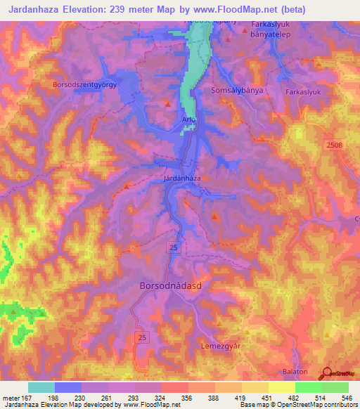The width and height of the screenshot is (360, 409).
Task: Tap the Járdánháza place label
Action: point(183,178)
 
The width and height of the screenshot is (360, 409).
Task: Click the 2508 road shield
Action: point(335,144)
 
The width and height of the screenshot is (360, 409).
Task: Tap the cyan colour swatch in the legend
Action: point(41,387)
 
